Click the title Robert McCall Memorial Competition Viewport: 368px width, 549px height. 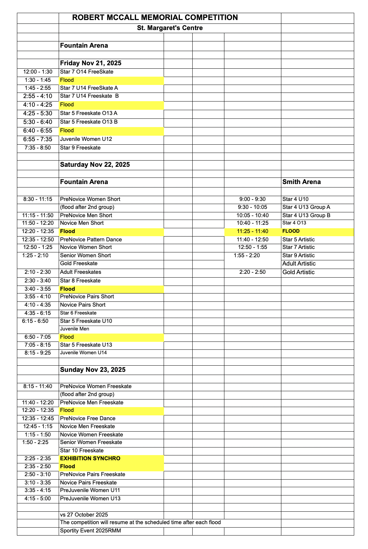pyautogui.click(x=155, y=18)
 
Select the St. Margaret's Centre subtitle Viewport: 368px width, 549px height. pyautogui.click(x=170, y=28)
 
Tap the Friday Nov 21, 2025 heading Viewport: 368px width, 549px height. pyautogui.click(x=91, y=63)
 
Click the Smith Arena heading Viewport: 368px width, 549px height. pyautogui.click(x=301, y=182)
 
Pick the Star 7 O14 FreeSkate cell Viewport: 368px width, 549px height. pyautogui.click(x=87, y=72)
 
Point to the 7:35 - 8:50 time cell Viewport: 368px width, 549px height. pyautogui.click(x=38, y=148)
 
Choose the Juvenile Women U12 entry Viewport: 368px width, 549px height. pyautogui.click(x=86, y=139)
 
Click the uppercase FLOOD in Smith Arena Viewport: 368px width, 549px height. pyautogui.click(x=291, y=231)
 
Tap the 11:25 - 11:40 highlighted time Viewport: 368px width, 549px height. pyautogui.click(x=252, y=231)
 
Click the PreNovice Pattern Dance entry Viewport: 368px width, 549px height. pyautogui.click(x=91, y=240)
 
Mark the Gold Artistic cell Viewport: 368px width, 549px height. pyautogui.click(x=298, y=272)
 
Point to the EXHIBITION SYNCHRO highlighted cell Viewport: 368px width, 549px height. pyautogui.click(x=90, y=459)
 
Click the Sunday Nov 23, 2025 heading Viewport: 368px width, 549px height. pyautogui.click(x=93, y=370)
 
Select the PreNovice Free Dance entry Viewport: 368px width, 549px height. pyautogui.click(x=88, y=418)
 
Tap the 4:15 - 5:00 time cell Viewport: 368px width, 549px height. pyautogui.click(x=38, y=499)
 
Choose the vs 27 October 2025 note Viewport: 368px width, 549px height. pyautogui.click(x=84, y=515)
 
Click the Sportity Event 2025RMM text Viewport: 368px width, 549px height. pyautogui.click(x=90, y=531)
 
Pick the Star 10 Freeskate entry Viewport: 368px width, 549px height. pyautogui.click(x=82, y=451)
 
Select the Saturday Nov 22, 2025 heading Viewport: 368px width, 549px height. pyautogui.click(x=95, y=165)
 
